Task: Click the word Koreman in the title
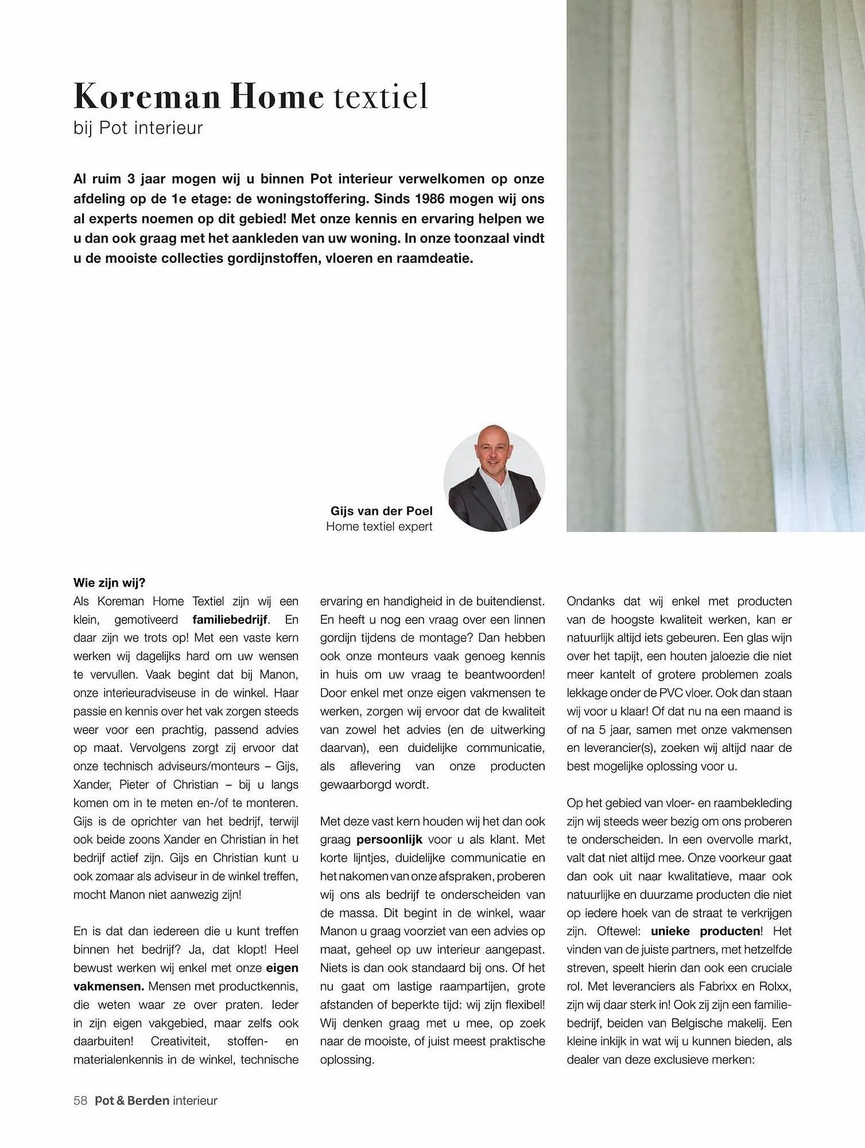click(147, 96)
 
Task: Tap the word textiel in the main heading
click(381, 96)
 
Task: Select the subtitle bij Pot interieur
click(138, 127)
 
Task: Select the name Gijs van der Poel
click(381, 511)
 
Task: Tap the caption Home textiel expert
click(379, 526)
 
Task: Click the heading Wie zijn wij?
click(109, 583)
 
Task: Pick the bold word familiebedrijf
click(230, 620)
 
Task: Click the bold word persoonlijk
click(389, 840)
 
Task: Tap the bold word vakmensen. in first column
click(108, 987)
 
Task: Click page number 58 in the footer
click(80, 1100)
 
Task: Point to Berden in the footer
click(148, 1100)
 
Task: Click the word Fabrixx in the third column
click(719, 987)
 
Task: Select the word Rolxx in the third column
click(775, 987)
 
